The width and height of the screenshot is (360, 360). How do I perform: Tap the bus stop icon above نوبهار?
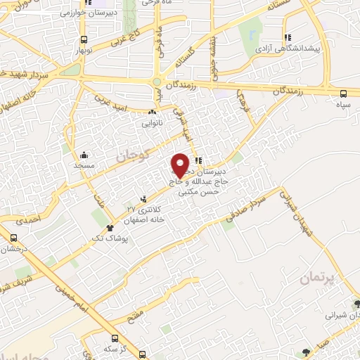coord(84,40)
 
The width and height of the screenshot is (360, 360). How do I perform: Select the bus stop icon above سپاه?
coord(343,94)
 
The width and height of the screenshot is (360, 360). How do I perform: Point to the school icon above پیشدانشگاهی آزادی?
coord(287,37)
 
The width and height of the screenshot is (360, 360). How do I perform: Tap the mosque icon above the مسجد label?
coord(84,155)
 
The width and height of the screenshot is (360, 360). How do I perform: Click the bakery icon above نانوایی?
coord(152,112)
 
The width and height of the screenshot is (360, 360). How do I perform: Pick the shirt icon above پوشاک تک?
coord(110,228)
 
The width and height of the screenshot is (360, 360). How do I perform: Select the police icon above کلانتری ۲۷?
coord(145,200)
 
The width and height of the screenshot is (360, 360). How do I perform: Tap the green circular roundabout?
coord(157,82)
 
